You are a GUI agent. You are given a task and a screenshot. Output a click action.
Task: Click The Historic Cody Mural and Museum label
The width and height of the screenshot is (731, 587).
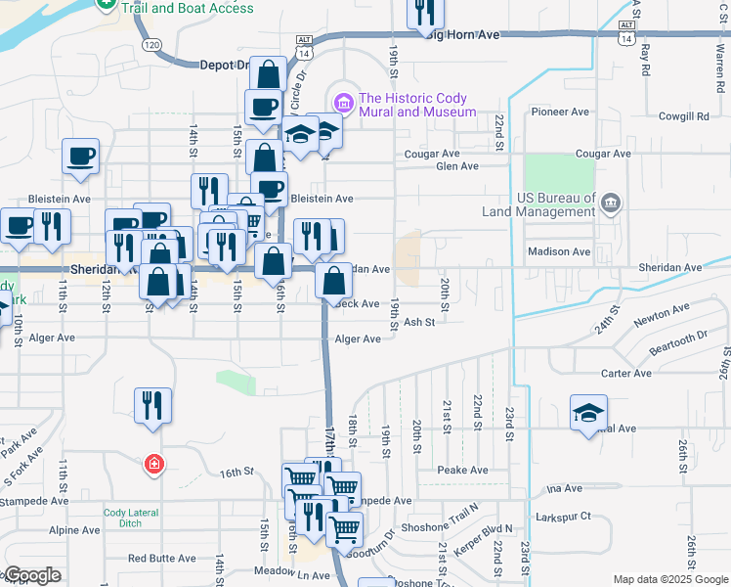[417, 105]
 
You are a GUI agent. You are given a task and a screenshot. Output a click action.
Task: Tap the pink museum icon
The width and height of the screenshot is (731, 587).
[342, 101]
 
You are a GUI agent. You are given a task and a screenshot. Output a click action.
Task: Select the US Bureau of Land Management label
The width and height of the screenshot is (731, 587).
[539, 204]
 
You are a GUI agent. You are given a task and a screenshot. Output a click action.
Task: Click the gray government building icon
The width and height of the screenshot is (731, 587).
[611, 203]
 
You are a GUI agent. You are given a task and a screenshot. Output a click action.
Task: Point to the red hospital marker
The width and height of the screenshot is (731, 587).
[153, 464]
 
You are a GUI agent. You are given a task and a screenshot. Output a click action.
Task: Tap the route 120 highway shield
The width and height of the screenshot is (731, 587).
[151, 45]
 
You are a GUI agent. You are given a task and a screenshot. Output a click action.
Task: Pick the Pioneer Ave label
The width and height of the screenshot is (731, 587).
[558, 112]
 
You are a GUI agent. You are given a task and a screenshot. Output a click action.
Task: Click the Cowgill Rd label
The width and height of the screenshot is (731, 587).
[682, 116]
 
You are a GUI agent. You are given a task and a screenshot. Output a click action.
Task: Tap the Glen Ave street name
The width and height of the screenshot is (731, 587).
[457, 166]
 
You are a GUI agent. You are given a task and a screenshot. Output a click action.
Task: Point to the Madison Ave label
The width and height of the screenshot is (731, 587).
[559, 251]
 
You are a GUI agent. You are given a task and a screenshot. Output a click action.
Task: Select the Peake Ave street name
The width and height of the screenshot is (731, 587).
[462, 471]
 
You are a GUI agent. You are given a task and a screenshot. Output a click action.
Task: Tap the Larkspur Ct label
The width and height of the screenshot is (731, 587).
[564, 516]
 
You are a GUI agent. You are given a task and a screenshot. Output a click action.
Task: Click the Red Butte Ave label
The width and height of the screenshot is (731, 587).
[161, 559]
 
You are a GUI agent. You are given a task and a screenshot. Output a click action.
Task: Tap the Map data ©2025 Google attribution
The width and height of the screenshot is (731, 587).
[669, 579]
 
